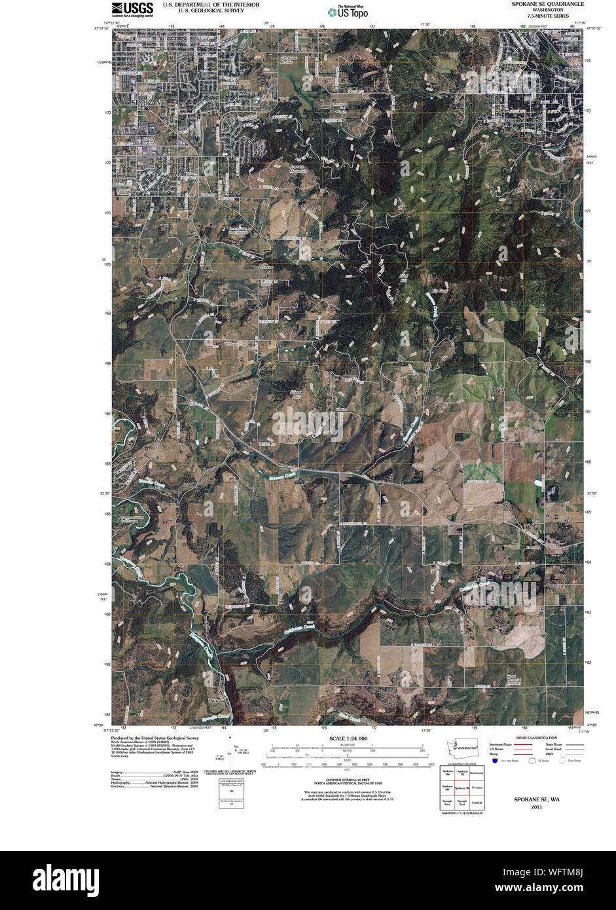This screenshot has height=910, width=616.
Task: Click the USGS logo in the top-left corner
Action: (132, 9)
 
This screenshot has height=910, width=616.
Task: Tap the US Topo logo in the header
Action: (348, 11)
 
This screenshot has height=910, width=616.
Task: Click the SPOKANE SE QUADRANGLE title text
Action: (549, 4)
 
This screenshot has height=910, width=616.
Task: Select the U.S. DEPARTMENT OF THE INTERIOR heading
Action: (211, 4)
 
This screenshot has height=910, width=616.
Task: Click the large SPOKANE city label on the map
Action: (148, 103)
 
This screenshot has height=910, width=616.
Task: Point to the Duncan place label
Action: (216, 700)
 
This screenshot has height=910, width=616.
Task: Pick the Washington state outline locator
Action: (465, 747)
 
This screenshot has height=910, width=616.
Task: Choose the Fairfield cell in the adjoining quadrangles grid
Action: (477, 802)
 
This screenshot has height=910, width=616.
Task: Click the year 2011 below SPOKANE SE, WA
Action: (536, 807)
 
